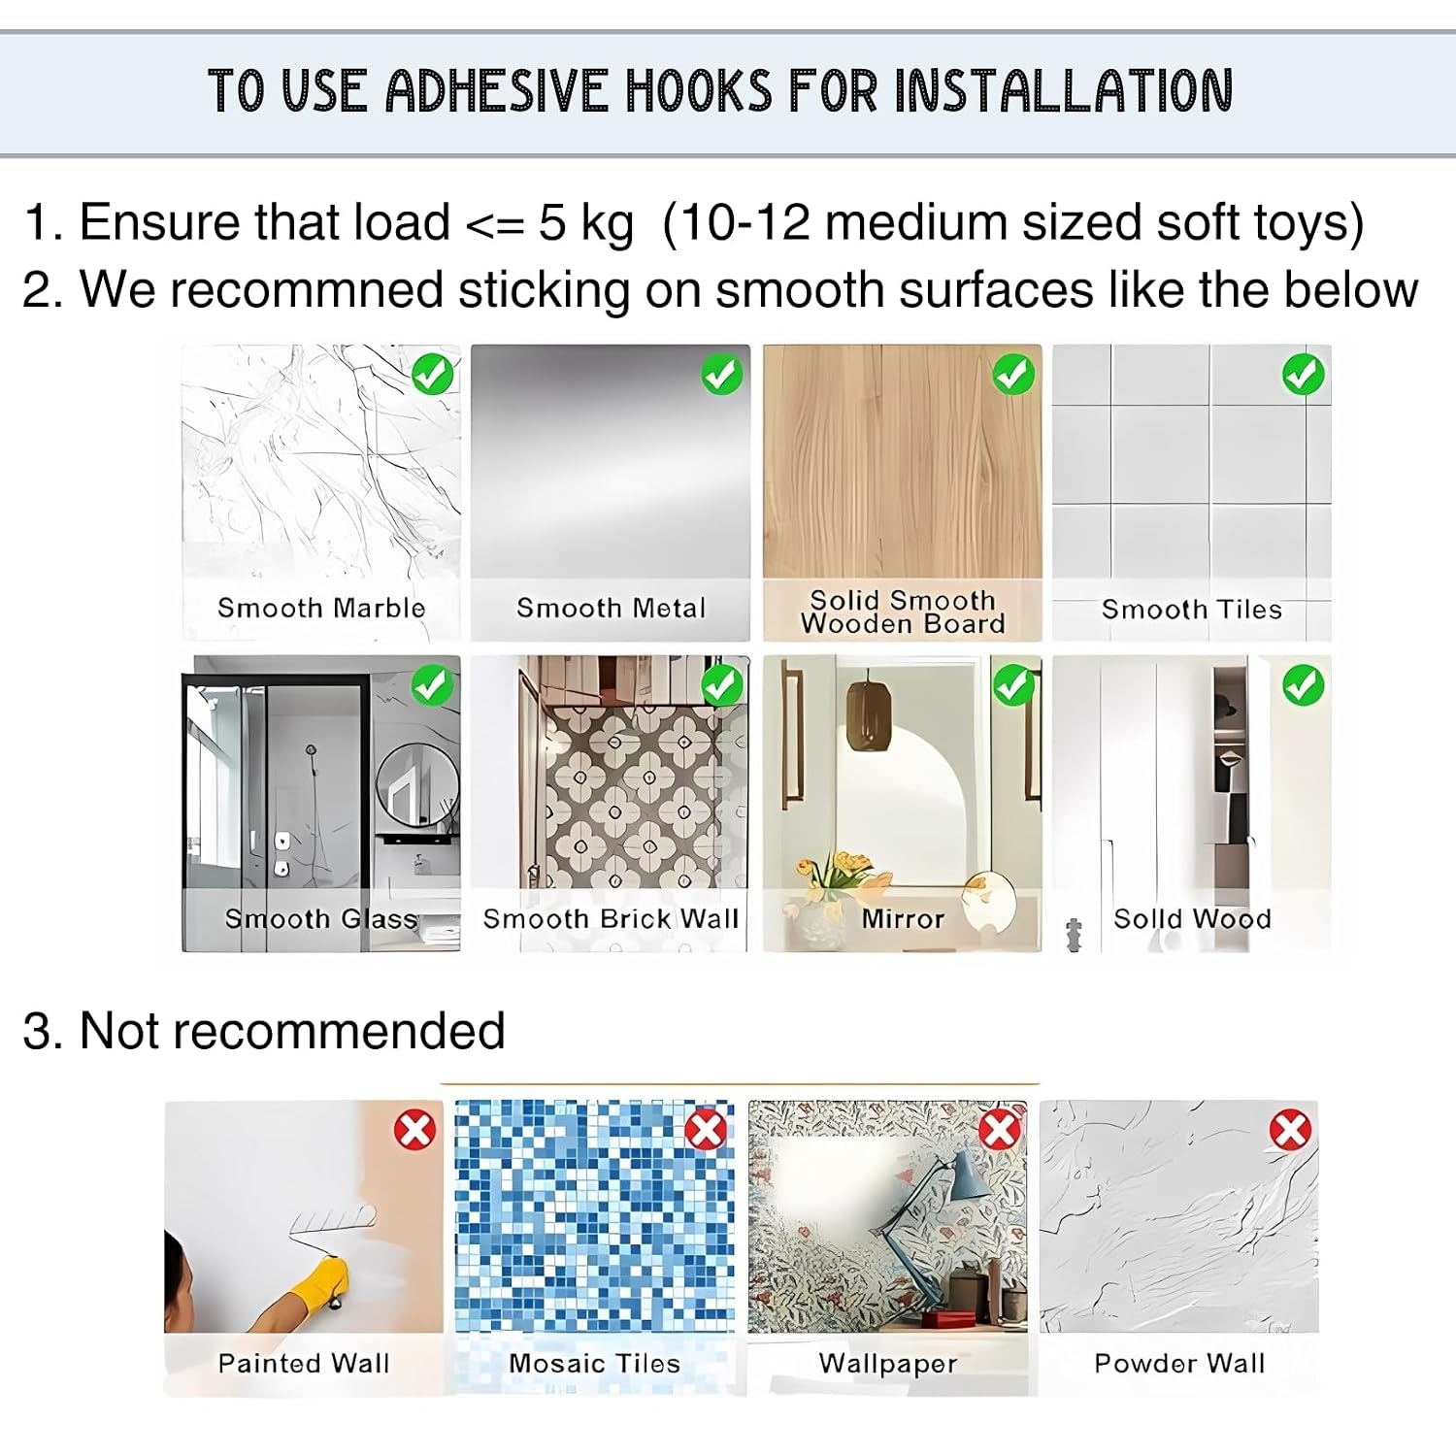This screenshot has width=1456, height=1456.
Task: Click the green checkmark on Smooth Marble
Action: [x=433, y=374]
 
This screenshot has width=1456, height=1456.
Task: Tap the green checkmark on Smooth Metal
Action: [x=722, y=374]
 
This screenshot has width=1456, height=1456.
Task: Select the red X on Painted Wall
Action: [x=415, y=1130]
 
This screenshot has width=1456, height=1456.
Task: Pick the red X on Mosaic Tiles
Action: [x=706, y=1130]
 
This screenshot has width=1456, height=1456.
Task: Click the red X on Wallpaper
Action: [x=1000, y=1130]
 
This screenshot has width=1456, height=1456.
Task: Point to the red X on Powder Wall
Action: [x=1291, y=1130]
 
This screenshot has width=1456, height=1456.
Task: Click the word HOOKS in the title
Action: [x=699, y=91]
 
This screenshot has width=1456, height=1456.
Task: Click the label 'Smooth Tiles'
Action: [x=1192, y=610]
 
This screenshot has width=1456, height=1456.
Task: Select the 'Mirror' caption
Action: [x=903, y=919]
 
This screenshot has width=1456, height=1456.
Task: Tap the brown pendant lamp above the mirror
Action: [x=869, y=715]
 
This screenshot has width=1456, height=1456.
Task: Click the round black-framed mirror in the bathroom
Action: [x=418, y=786]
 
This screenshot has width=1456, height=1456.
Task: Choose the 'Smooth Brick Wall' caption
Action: [x=612, y=919]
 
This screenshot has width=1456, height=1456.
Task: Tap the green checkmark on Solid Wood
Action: [x=1304, y=685]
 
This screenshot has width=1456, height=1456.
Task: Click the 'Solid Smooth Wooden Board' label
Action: [x=903, y=612]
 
